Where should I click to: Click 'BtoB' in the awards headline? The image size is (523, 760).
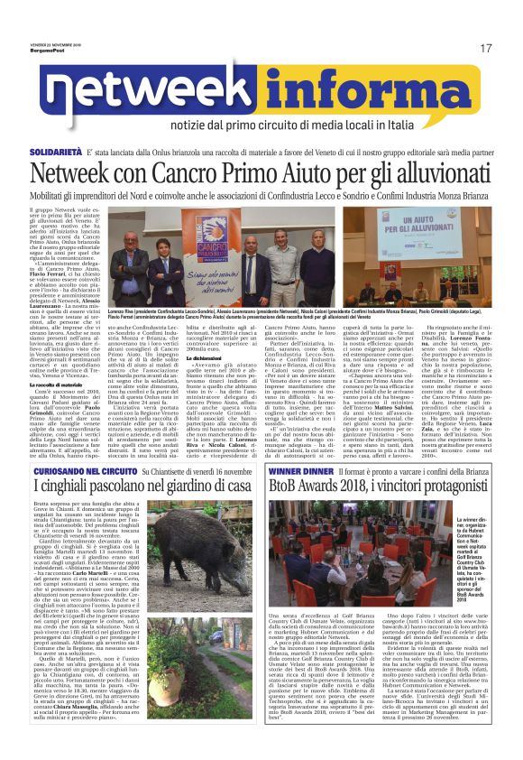(x=291, y=517)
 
